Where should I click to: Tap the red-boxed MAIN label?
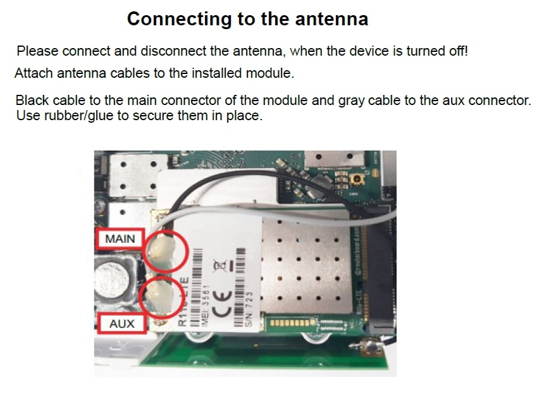click(x=120, y=240)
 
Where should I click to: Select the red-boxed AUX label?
click(x=121, y=323)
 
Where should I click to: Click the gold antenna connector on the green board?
click(x=358, y=181)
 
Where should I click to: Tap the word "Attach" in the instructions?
click(x=34, y=73)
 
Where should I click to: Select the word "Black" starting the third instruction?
click(x=32, y=101)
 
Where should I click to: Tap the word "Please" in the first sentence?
click(x=37, y=51)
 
